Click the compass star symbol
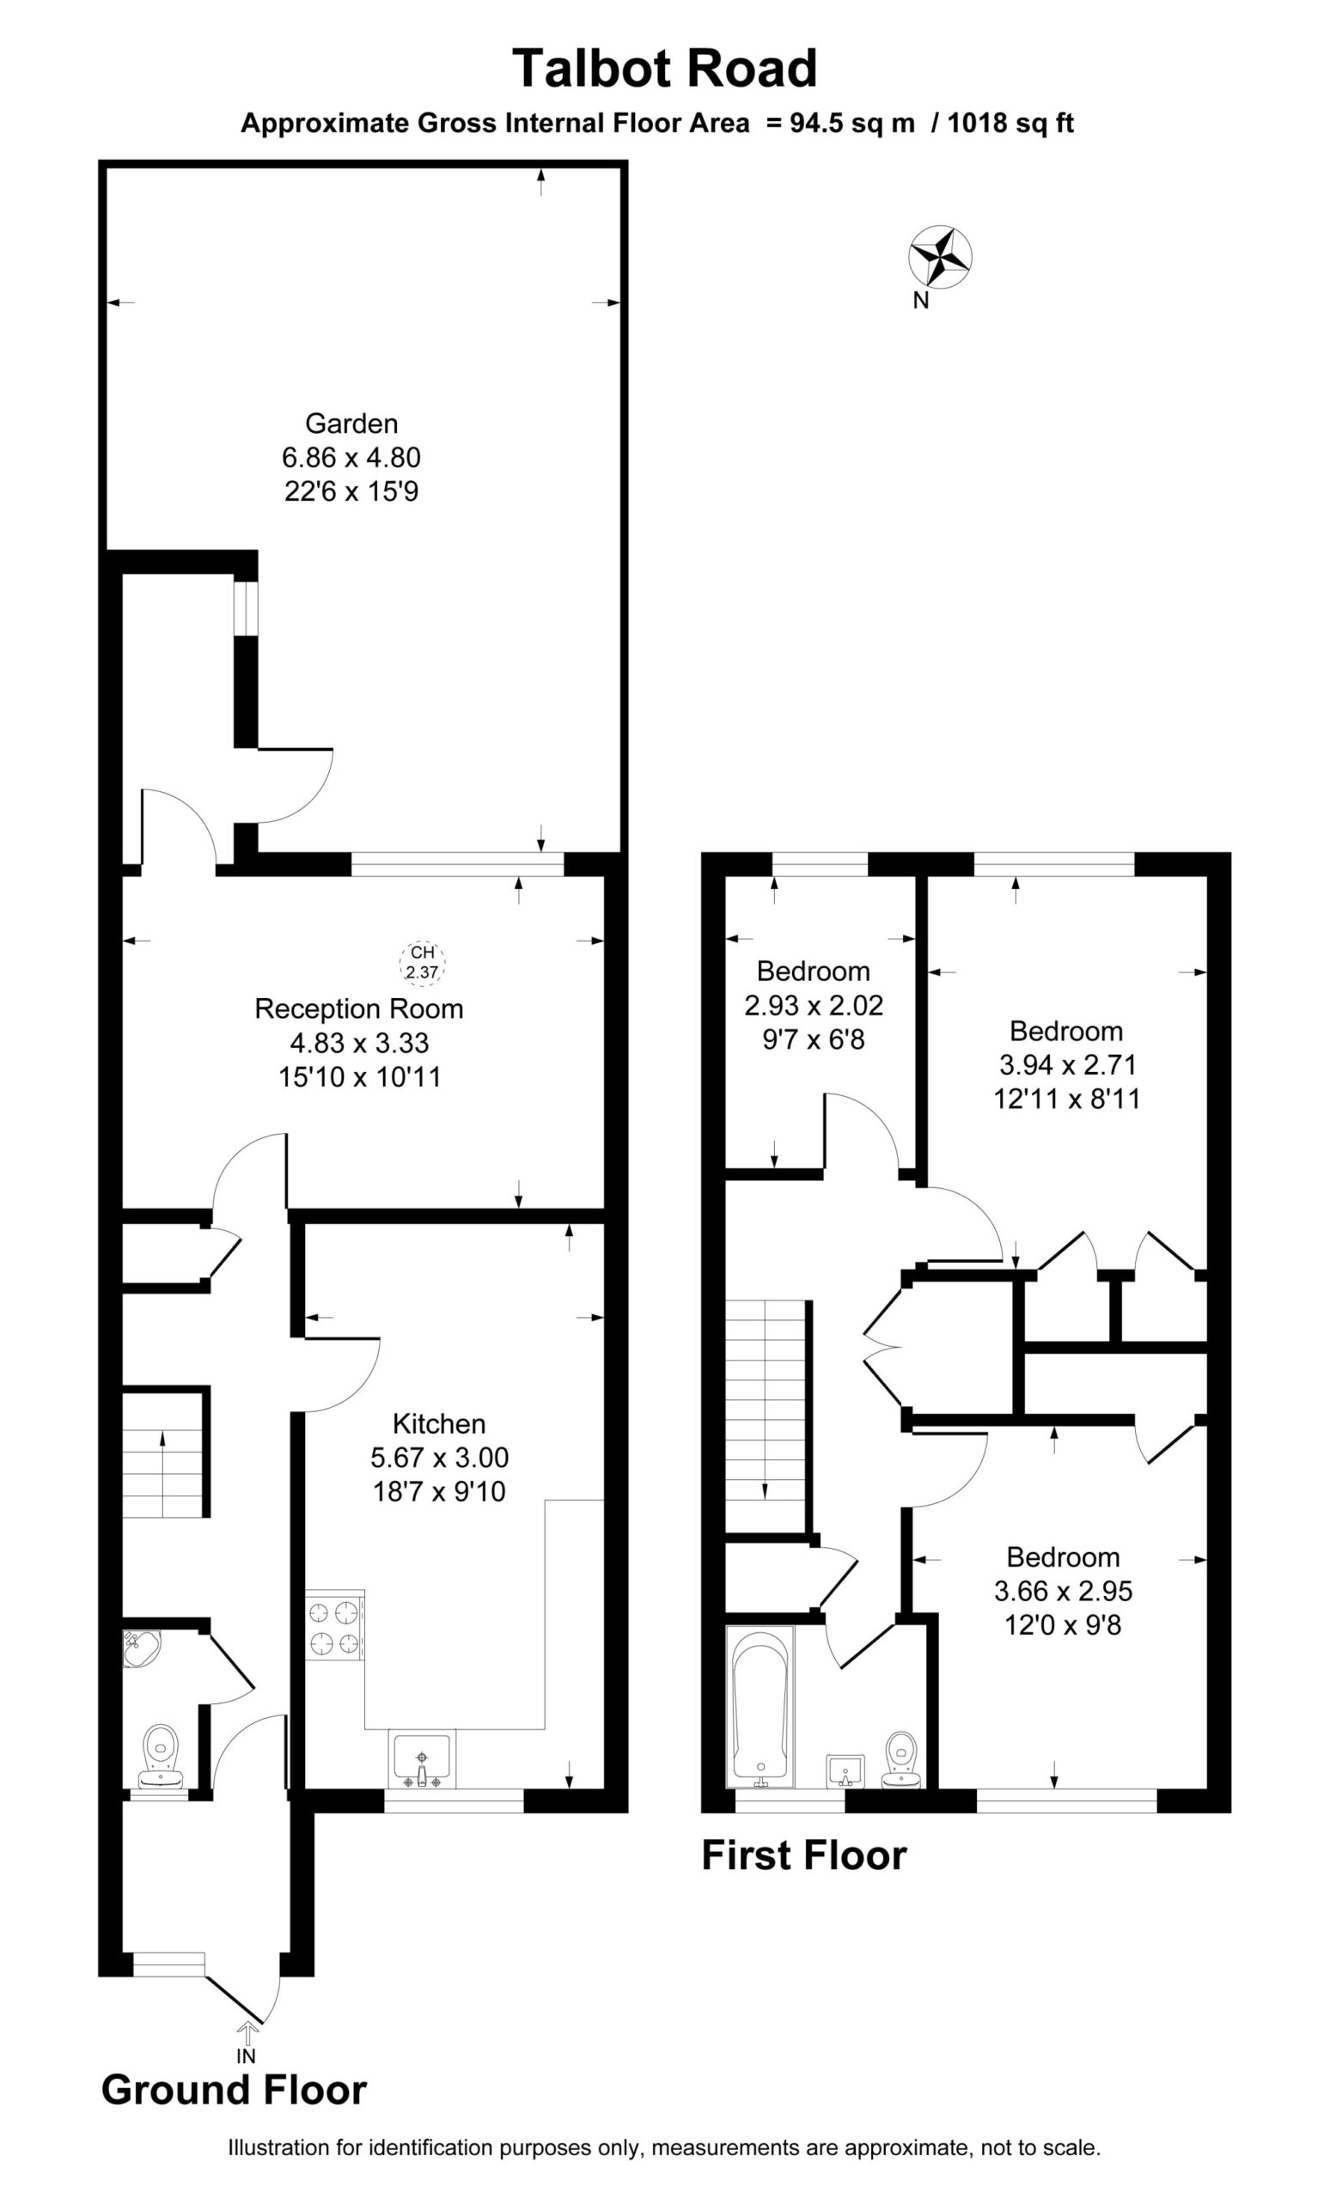click(940, 258)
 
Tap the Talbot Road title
click(665, 69)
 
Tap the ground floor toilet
click(162, 1751)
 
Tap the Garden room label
click(351, 423)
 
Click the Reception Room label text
click(359, 1008)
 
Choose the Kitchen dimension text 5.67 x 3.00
click(439, 1458)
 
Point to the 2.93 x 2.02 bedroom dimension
click(814, 1006)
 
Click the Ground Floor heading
click(234, 2090)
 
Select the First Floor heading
click(804, 1855)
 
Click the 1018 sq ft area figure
click(1010, 123)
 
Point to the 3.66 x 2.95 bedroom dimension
click(1063, 1590)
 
